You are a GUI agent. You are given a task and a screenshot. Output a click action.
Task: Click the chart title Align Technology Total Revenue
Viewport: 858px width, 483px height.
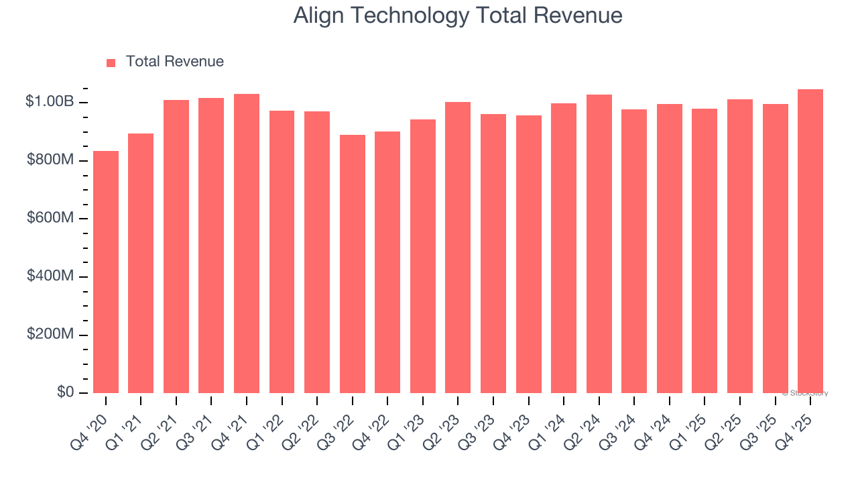point(458,15)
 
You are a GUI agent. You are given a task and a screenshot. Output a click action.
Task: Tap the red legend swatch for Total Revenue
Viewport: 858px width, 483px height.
point(111,62)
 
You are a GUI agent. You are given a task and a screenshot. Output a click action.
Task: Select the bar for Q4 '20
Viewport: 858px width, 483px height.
point(106,272)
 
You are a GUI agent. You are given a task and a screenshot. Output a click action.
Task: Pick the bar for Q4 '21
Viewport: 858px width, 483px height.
point(247,244)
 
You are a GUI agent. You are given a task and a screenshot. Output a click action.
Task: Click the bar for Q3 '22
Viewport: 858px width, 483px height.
point(353,264)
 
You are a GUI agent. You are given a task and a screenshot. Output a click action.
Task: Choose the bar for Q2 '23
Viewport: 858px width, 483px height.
point(458,248)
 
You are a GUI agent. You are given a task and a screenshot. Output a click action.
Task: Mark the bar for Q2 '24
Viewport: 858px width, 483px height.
point(599,244)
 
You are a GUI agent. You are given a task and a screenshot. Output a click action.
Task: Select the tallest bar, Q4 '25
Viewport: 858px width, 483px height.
point(810,241)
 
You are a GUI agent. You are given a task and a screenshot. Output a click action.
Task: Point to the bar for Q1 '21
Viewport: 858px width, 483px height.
point(141,263)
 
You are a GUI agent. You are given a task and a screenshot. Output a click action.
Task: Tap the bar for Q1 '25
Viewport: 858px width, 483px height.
point(704,251)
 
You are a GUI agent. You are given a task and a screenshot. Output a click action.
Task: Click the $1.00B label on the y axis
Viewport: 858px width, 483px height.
point(50,102)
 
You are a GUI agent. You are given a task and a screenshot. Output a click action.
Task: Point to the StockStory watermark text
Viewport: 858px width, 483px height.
point(804,393)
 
